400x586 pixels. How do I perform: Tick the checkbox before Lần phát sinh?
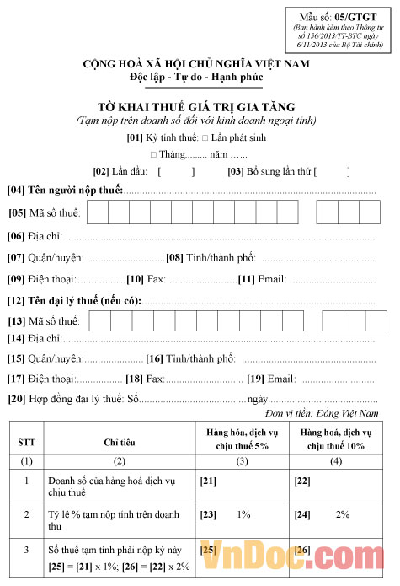click(x=205, y=137)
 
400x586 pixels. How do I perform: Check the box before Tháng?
click(x=153, y=155)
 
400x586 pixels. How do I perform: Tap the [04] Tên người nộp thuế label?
click(x=66, y=191)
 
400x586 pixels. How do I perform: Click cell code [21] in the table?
click(x=207, y=480)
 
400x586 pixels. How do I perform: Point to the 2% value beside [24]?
click(x=342, y=513)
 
